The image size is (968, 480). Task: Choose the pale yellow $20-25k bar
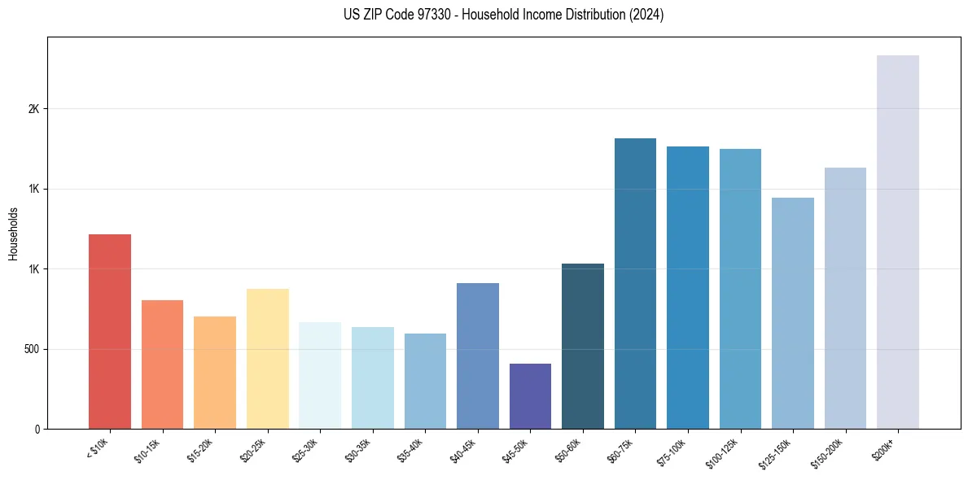[267, 358]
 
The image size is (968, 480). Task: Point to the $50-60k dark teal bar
[582, 346]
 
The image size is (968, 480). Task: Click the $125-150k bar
[792, 313]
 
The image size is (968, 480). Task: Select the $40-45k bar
[477, 356]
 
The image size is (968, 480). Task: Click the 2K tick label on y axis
[33, 109]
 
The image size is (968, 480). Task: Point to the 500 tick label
[30, 349]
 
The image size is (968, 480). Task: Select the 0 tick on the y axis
[37, 429]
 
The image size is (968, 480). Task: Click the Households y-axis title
[13, 233]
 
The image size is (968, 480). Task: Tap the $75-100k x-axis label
[672, 450]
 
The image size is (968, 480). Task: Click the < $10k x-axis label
[97, 447]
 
